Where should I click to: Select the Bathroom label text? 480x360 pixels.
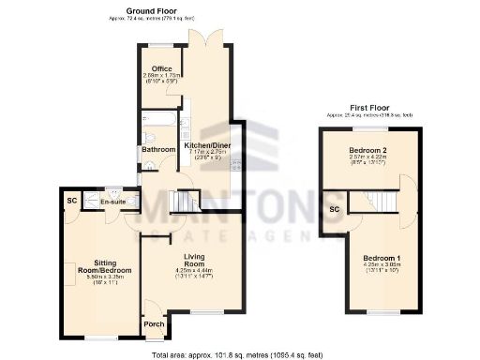point(158,149)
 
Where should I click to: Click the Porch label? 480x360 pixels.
point(152,324)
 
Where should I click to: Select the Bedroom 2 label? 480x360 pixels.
point(367,149)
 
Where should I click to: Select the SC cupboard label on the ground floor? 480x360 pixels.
point(71,201)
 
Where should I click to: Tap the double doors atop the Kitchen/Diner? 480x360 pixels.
point(205,37)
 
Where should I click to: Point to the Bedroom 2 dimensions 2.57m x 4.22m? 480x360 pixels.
point(367,157)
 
